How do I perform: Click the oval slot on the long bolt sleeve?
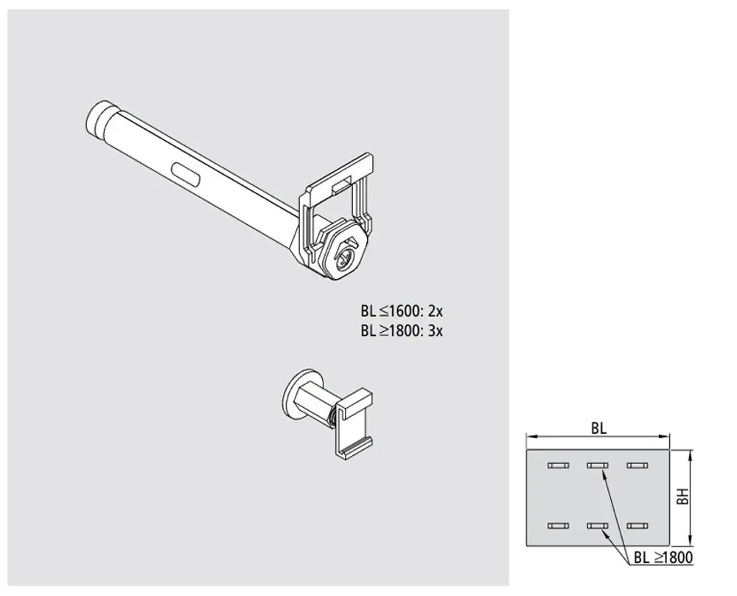187,175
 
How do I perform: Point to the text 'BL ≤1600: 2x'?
402,311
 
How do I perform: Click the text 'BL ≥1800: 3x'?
402,330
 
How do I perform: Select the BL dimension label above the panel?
598,429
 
